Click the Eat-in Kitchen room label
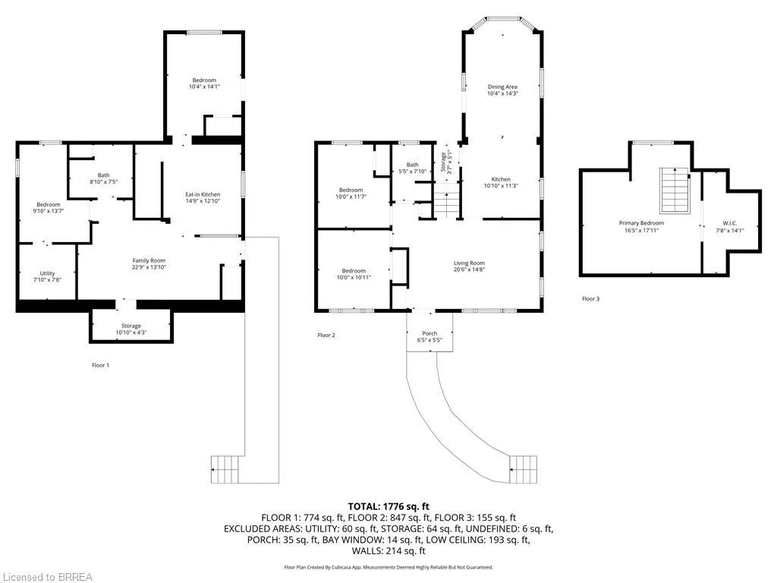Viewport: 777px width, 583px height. [203, 195]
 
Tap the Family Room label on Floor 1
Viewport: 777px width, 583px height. [149, 261]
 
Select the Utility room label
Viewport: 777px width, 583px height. [48, 273]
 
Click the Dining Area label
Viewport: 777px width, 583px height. [502, 87]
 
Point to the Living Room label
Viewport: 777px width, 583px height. [469, 263]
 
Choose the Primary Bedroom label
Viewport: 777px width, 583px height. [641, 223]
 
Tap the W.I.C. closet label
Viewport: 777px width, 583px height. [730, 224]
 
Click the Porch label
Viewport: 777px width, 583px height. [429, 334]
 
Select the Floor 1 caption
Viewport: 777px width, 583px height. [101, 365]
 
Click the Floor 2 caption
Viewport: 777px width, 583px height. [326, 335]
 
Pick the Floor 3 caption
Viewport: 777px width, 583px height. [590, 299]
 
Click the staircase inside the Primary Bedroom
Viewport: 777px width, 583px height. [675, 191]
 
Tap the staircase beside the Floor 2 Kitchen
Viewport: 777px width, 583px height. [446, 200]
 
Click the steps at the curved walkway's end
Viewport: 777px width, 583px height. [523, 469]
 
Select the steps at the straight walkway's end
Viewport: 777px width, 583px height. [225, 469]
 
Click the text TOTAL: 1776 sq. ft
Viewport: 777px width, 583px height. [388, 506]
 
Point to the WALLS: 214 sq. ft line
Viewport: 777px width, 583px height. [388, 551]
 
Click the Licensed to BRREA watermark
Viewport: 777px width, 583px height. [46, 577]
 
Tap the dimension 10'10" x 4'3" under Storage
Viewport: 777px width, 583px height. [131, 332]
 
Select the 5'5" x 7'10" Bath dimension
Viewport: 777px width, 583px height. [412, 172]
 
